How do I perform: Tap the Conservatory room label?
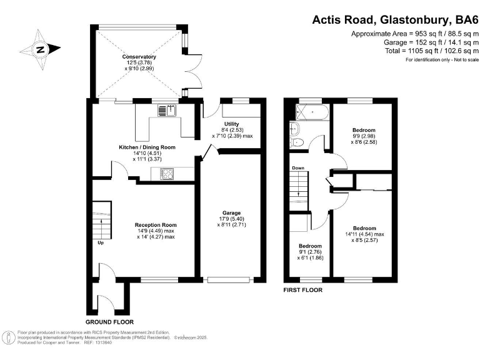tap(139, 57)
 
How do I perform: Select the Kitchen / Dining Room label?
tap(147, 147)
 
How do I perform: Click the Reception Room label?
tap(156, 225)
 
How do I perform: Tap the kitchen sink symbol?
tap(166, 111)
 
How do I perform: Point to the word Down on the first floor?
tap(297, 167)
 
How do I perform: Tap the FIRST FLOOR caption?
tap(303, 290)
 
